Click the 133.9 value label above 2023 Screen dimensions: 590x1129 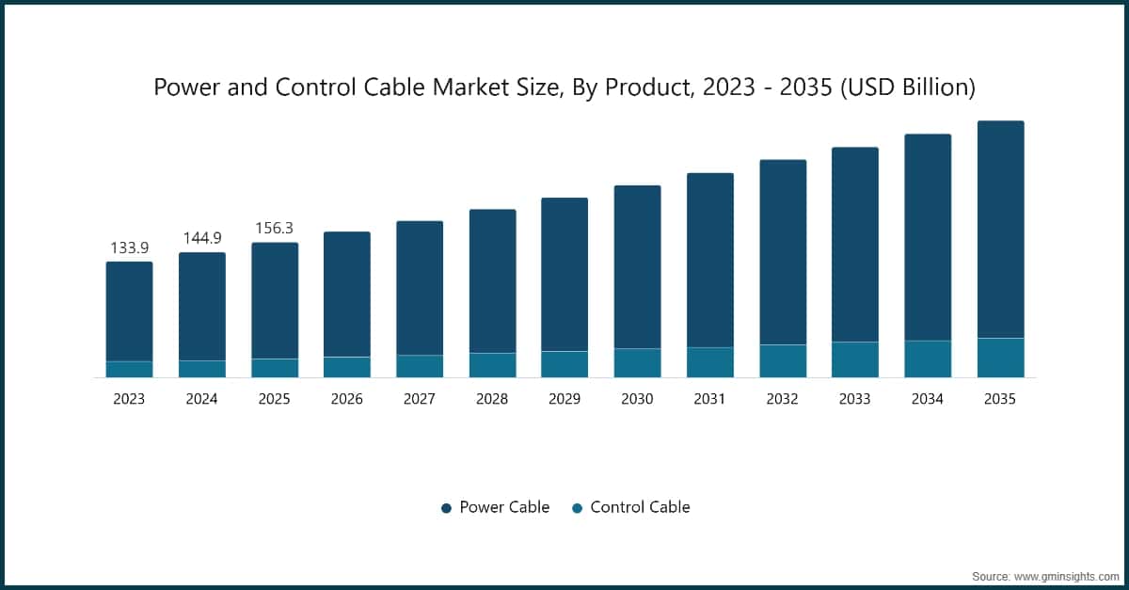click(129, 247)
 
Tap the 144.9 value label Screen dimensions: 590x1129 click(201, 238)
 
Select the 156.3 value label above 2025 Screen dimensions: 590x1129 click(275, 229)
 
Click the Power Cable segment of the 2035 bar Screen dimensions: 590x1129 click(1000, 230)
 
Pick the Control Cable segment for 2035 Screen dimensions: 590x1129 click(1000, 358)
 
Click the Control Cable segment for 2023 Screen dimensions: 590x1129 click(129, 369)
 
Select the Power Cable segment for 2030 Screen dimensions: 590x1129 click(637, 267)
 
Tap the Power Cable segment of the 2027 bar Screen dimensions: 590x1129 click(420, 288)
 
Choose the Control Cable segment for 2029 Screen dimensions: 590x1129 click(564, 364)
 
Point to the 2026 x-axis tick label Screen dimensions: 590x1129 click(347, 399)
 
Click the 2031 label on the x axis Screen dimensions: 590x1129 click(709, 399)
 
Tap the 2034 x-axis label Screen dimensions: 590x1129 click(928, 399)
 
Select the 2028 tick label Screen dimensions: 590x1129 click(492, 399)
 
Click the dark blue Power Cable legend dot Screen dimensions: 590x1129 click(446, 508)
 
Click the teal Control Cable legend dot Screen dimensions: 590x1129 click(577, 508)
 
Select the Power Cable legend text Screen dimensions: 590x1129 click(504, 507)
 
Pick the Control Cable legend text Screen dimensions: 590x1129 click(640, 507)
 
